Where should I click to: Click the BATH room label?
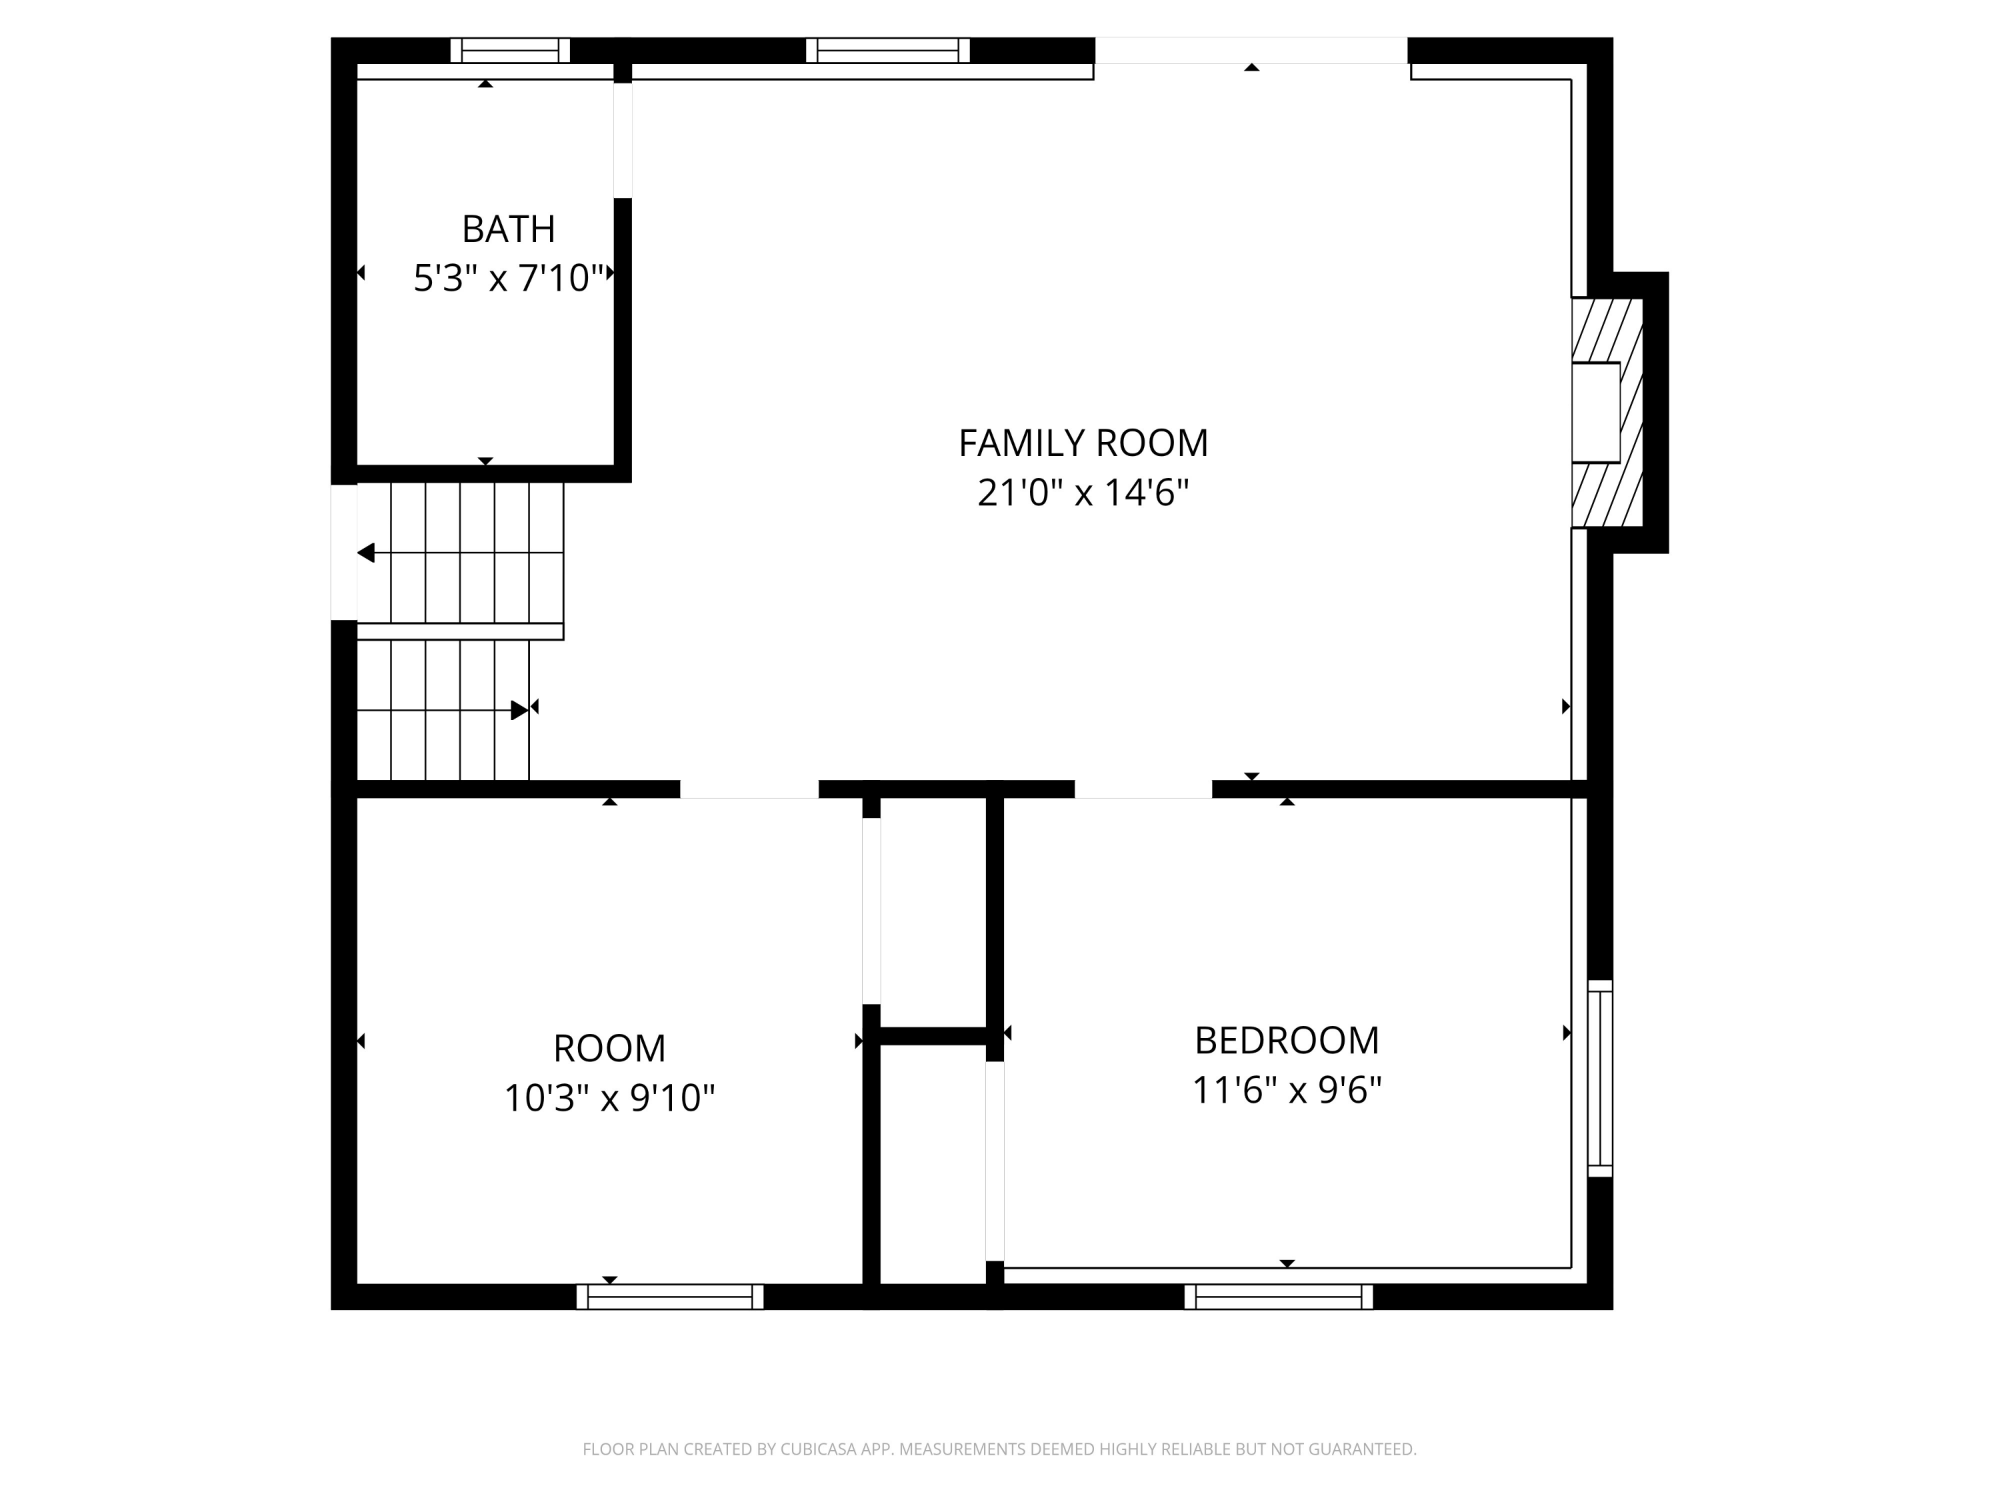[x=508, y=229]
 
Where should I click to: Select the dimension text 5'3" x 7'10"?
[x=508, y=279]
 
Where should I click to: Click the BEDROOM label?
[x=1286, y=1041]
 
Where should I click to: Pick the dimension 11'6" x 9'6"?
[x=1286, y=1091]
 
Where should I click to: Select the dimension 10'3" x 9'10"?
[x=609, y=1099]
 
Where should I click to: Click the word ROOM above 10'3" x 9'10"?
[x=609, y=1049]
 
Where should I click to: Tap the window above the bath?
[x=510, y=51]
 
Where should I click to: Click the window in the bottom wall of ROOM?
[x=669, y=1297]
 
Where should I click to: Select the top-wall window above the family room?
[x=887, y=51]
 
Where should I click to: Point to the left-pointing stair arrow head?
[x=366, y=553]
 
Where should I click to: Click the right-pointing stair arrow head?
[x=519, y=710]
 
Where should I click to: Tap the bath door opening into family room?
[x=622, y=140]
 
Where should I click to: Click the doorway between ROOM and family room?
[x=749, y=789]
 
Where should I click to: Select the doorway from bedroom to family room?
[x=1142, y=789]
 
